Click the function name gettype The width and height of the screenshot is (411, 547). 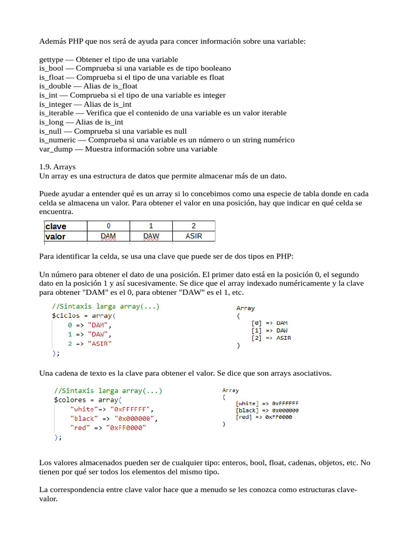(52, 59)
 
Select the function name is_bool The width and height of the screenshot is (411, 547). (51, 68)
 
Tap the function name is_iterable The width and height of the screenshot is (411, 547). (57, 113)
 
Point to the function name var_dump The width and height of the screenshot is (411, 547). (56, 149)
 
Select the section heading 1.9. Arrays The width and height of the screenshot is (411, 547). (58, 167)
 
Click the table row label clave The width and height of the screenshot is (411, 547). (56, 226)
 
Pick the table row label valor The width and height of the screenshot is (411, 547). (56, 236)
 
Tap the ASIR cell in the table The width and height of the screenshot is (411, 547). (193, 236)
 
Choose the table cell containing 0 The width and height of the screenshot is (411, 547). (109, 226)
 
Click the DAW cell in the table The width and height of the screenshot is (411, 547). (151, 236)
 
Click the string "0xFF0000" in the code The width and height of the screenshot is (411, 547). (127, 427)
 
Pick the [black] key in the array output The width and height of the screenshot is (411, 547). (247, 410)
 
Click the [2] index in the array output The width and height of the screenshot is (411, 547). (257, 338)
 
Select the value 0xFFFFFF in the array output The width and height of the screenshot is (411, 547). (285, 403)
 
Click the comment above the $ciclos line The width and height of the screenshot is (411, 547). (105, 307)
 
